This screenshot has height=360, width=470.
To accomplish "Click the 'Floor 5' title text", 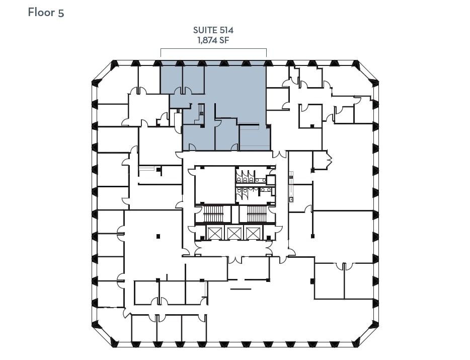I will click(x=46, y=13).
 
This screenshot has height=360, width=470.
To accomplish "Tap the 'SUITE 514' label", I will click(x=213, y=30).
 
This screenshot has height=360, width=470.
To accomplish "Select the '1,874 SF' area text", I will click(x=213, y=41).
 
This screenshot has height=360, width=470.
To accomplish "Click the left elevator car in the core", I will click(x=215, y=233).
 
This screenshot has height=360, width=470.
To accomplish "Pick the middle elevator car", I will click(x=233, y=233).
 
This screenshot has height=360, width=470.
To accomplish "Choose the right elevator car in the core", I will click(x=252, y=233).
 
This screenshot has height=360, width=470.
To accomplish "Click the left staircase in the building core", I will click(x=212, y=214).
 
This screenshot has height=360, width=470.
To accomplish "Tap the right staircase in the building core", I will click(x=257, y=214).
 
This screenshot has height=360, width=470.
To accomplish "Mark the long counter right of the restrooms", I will click(x=290, y=186).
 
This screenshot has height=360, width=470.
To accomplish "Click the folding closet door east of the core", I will click(x=329, y=160).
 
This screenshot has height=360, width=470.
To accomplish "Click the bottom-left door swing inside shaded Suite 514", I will click(x=192, y=147).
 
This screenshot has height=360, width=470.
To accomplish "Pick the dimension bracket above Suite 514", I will click(x=213, y=50).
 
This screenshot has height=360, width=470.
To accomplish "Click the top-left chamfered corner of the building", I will click(x=103, y=71).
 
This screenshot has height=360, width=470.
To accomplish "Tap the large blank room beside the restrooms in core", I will click(x=215, y=185).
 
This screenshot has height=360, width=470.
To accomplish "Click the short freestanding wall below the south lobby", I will click(x=240, y=289).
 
